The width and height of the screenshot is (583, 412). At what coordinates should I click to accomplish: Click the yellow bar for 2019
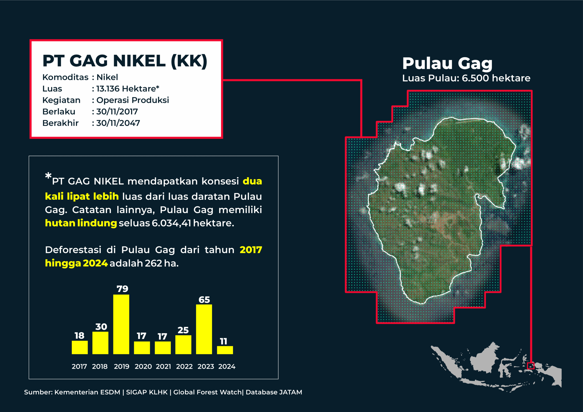(121, 324)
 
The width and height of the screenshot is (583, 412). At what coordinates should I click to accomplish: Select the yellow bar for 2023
(204, 329)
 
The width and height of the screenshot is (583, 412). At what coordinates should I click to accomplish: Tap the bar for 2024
(225, 350)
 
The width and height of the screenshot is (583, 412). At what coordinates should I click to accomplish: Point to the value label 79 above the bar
(122, 289)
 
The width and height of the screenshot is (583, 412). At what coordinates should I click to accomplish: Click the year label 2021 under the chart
(164, 366)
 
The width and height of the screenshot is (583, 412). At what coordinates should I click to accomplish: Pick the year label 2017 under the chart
(79, 366)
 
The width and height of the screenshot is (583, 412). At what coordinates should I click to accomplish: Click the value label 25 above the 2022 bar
(183, 330)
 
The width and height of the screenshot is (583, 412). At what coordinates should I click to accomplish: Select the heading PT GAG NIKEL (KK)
(125, 61)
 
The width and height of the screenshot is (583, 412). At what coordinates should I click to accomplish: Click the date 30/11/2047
(118, 123)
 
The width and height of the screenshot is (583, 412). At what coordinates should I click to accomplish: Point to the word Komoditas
(66, 77)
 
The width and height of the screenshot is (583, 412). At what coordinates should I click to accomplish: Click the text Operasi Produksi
(133, 100)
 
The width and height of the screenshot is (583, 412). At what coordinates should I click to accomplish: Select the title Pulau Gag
(447, 63)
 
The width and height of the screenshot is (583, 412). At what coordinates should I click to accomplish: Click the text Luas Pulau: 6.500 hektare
(466, 78)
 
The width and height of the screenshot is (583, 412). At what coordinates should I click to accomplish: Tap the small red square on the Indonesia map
(531, 366)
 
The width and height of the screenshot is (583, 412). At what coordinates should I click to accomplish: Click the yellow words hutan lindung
(81, 223)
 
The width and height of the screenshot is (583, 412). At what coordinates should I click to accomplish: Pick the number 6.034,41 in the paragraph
(171, 223)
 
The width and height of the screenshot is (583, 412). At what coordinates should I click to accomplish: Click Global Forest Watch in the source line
(207, 392)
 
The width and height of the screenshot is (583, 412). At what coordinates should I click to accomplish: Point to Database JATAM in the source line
(274, 392)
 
